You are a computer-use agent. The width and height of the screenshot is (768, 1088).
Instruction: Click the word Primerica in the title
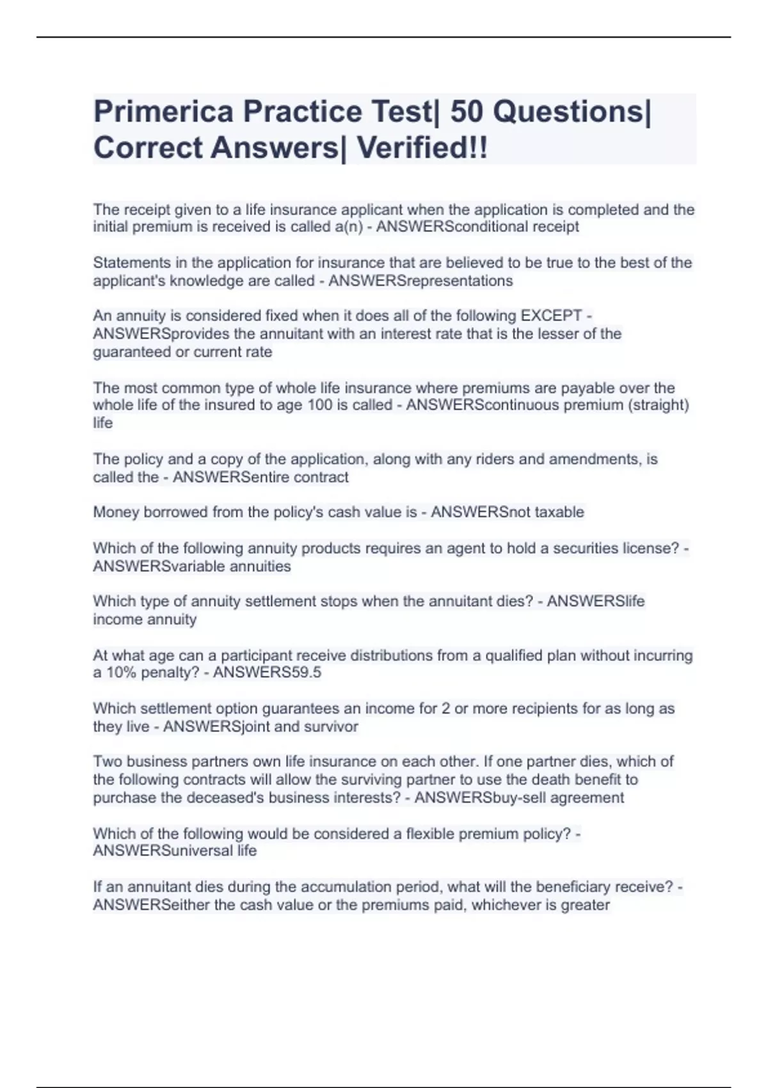tap(164, 112)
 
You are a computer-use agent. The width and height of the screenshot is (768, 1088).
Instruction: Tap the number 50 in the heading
tap(467, 112)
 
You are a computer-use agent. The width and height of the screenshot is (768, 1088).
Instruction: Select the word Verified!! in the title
tap(422, 148)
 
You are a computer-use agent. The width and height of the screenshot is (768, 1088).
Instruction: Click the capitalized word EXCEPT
tap(551, 316)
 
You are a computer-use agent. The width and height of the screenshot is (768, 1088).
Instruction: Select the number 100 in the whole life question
tap(320, 405)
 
